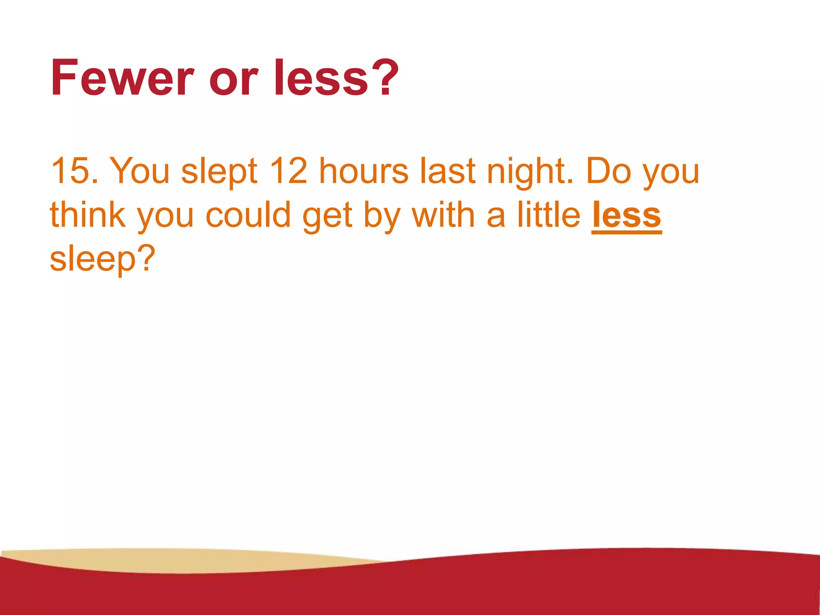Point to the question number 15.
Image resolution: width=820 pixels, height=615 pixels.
70,171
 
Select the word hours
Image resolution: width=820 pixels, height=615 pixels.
364,171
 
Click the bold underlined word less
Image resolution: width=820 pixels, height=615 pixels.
626,215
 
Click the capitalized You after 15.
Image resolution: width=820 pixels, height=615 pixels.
139,171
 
